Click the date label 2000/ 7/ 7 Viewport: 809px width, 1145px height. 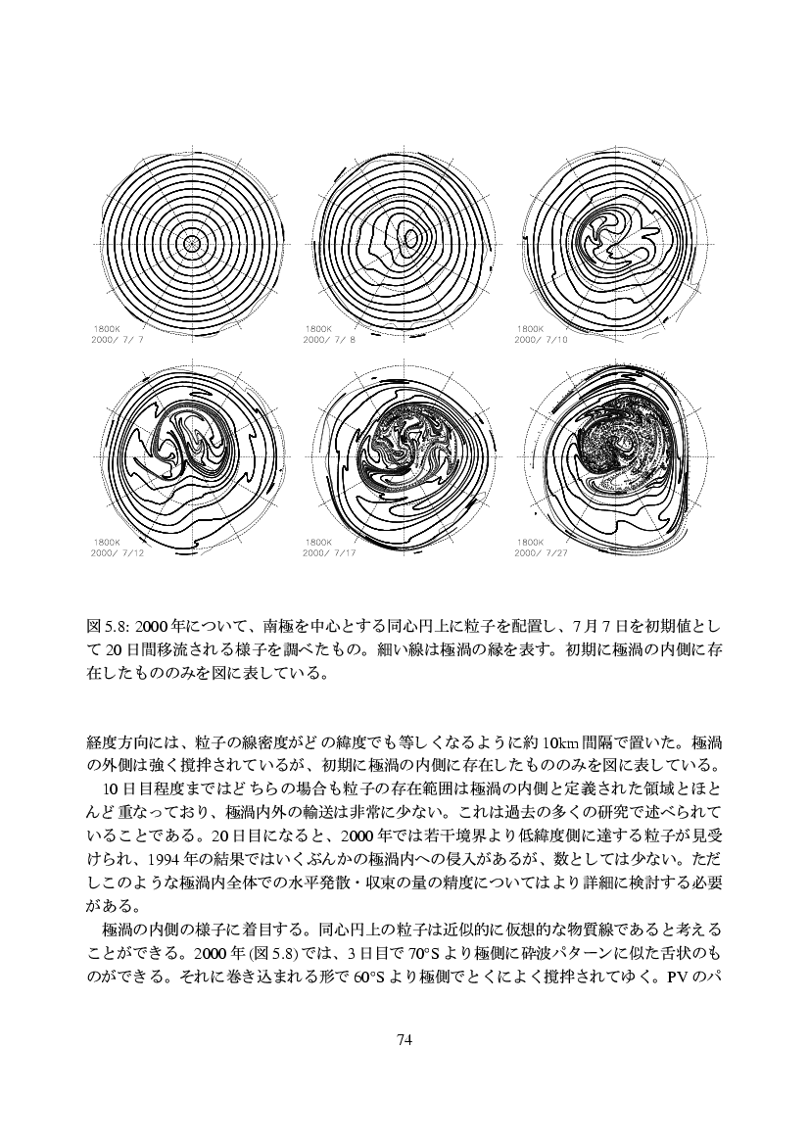click(117, 339)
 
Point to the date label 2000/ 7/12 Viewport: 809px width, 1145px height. click(117, 552)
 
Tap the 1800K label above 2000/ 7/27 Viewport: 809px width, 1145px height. click(530, 542)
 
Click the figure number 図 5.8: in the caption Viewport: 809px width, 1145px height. click(108, 625)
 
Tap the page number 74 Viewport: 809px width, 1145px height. click(404, 1040)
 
